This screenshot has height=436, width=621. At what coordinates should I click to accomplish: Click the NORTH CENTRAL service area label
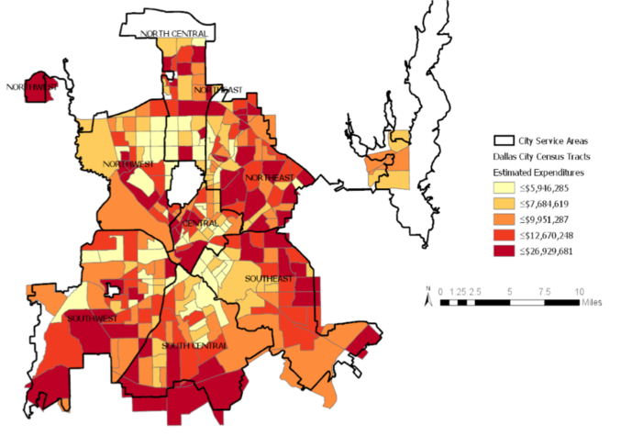click(x=173, y=34)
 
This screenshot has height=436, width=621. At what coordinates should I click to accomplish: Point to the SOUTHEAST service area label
click(x=268, y=278)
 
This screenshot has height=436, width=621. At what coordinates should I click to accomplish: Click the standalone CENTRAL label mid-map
click(x=200, y=224)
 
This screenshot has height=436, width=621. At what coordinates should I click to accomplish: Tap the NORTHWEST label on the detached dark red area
click(x=31, y=87)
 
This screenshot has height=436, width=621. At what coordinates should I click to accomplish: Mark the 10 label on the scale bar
click(x=578, y=291)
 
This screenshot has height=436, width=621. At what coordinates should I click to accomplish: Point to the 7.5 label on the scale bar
click(x=545, y=291)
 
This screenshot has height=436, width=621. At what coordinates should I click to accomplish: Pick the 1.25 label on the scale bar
click(x=459, y=291)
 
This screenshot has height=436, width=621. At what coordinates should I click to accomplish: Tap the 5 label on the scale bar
click(x=510, y=291)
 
